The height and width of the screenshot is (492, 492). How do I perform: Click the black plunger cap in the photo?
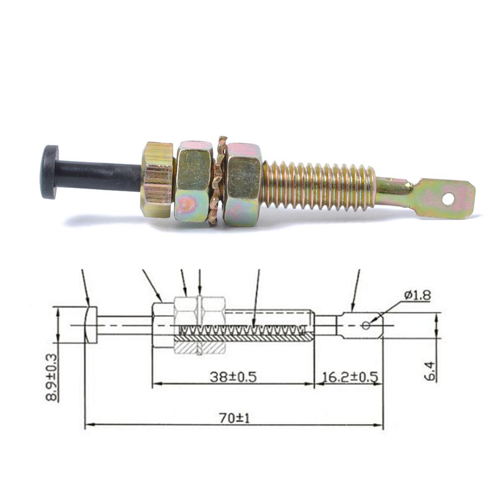[x=49, y=172]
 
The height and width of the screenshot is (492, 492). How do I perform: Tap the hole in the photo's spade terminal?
[x=448, y=199]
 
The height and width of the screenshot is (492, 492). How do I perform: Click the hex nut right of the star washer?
[x=243, y=183]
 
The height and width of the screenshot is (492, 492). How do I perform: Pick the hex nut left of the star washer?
[x=194, y=181]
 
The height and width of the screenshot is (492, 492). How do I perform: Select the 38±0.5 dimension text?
[x=233, y=377]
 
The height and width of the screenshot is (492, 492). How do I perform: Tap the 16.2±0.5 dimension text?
[x=349, y=377]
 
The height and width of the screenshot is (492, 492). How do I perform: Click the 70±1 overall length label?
[x=234, y=418]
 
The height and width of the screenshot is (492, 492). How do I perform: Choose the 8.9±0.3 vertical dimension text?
[x=51, y=377]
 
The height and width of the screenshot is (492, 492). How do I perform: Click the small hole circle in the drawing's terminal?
[x=366, y=325]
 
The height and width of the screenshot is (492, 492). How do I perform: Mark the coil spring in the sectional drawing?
[x=246, y=329]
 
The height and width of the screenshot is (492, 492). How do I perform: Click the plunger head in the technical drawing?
[x=90, y=325]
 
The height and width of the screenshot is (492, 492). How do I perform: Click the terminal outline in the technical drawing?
[x=359, y=325]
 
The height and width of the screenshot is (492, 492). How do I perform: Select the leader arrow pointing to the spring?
[x=256, y=300]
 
